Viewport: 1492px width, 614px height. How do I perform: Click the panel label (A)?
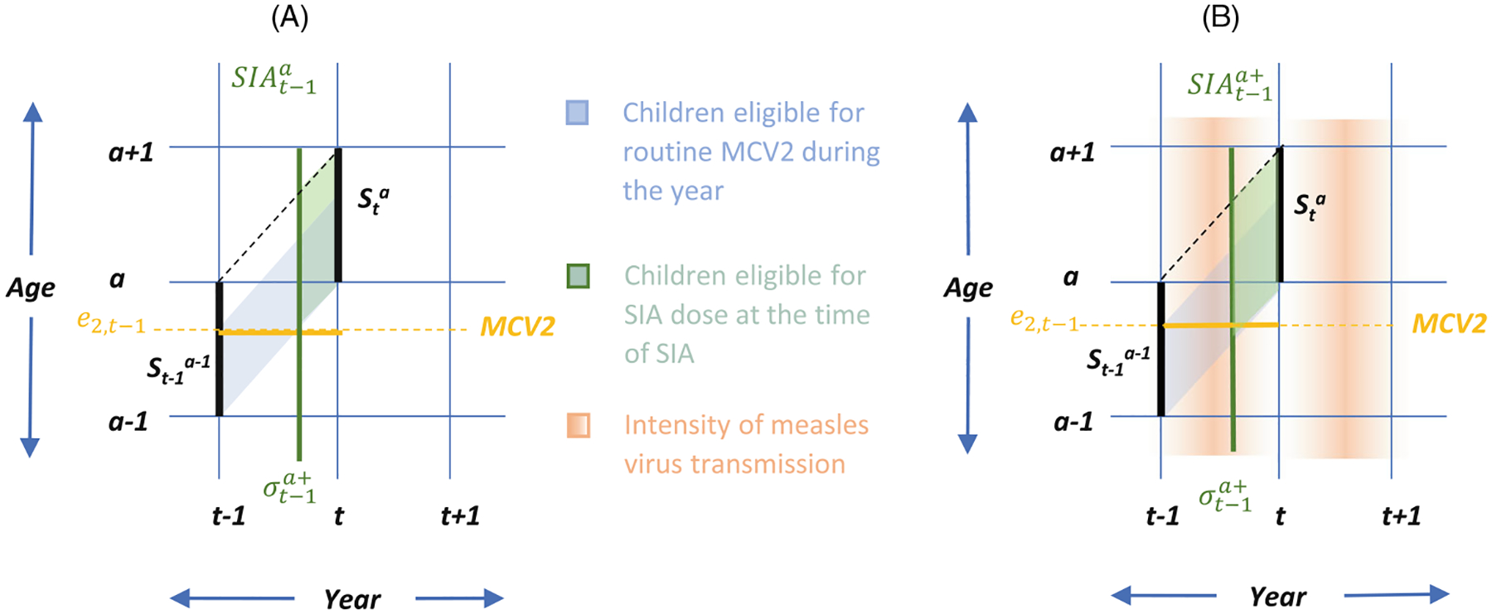(290, 17)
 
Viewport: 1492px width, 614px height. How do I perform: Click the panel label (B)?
(1220, 17)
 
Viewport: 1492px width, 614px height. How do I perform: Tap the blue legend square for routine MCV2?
(577, 113)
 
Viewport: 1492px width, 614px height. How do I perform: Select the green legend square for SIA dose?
(578, 276)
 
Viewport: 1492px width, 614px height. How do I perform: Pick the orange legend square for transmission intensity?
(578, 425)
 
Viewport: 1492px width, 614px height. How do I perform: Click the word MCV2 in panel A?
(517, 326)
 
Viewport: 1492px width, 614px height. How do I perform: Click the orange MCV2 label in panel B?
(1449, 323)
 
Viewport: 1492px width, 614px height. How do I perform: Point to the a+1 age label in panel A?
(131, 152)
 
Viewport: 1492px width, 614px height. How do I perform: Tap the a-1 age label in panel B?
(1073, 423)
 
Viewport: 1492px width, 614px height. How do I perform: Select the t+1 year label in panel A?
(460, 516)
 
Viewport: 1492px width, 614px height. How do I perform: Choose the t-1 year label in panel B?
(1162, 516)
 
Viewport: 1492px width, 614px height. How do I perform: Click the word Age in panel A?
(31, 288)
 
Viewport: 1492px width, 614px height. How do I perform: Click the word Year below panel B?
(1277, 597)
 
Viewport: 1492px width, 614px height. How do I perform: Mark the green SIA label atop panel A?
(274, 79)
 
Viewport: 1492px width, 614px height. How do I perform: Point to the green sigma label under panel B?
(1225, 496)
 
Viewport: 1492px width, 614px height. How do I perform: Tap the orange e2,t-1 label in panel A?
(111, 322)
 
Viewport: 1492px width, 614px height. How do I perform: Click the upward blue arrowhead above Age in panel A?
(32, 113)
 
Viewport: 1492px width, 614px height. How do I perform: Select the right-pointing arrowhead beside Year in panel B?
(1439, 593)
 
